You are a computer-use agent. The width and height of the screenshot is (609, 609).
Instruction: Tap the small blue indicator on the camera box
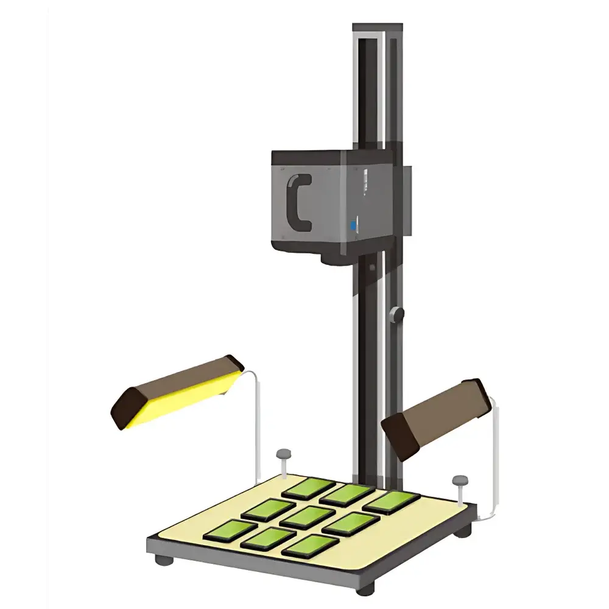coord(353,226)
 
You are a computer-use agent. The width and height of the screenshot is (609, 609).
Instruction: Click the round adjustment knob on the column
coord(397,314)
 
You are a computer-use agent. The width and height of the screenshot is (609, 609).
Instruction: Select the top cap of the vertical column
coord(378,29)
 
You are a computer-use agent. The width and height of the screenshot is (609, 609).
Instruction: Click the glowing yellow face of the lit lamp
coord(183,399)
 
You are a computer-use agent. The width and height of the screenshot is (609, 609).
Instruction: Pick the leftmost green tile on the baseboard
coord(229,531)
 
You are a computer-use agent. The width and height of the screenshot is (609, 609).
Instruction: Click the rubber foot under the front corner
coord(365,589)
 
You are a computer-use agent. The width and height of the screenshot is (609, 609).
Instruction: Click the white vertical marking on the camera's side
coord(365,183)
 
